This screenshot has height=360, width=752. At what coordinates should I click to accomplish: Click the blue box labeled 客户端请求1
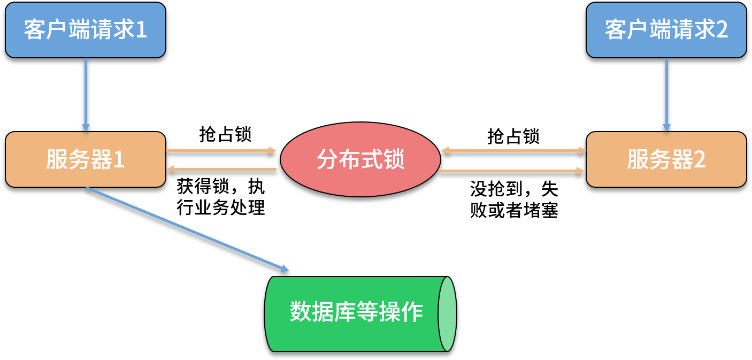pos(85,30)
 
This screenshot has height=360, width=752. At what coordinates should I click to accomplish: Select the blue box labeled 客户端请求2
pos(666,30)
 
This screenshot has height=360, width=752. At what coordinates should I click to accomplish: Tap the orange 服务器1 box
pos(85,159)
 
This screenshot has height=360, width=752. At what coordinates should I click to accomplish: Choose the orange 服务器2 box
pos(666,159)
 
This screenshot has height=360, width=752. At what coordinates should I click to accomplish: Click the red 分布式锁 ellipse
pos(360,159)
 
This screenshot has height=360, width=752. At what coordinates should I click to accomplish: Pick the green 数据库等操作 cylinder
pos(356,313)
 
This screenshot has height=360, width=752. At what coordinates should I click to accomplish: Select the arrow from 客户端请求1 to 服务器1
pos(86,94)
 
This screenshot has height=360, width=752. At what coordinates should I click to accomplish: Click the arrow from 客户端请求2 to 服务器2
pos(666,94)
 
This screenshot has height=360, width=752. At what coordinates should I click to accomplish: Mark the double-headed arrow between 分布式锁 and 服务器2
pos(513,150)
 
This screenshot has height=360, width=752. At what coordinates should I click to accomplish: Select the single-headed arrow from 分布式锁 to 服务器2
pos(511,171)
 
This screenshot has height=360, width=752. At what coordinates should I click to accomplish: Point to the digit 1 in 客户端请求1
pos(141,30)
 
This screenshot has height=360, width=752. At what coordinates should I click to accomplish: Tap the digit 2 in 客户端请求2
pos(722,30)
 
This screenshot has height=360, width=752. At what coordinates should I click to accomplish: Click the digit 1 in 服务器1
pos(119,160)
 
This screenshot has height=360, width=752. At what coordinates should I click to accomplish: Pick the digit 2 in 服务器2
pos(700,160)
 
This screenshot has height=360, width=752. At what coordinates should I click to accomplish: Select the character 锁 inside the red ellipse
pos(394,160)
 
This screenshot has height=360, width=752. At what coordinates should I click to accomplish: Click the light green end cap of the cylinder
pos(447,314)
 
